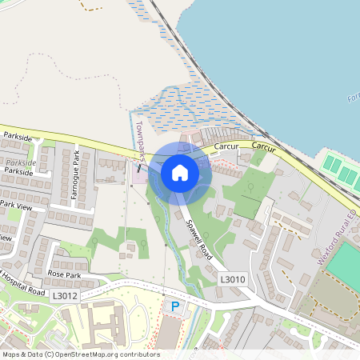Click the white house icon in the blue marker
point(179,172)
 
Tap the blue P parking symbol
point(172,306)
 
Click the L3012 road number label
point(66,295)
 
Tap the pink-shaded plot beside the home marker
point(138,172)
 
